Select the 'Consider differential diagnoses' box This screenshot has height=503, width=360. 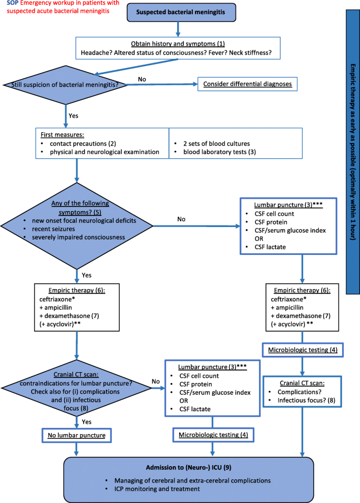(x=248, y=84)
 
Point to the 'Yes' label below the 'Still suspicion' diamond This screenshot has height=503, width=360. (x=74, y=115)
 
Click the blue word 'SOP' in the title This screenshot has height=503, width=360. (x=13, y=4)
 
